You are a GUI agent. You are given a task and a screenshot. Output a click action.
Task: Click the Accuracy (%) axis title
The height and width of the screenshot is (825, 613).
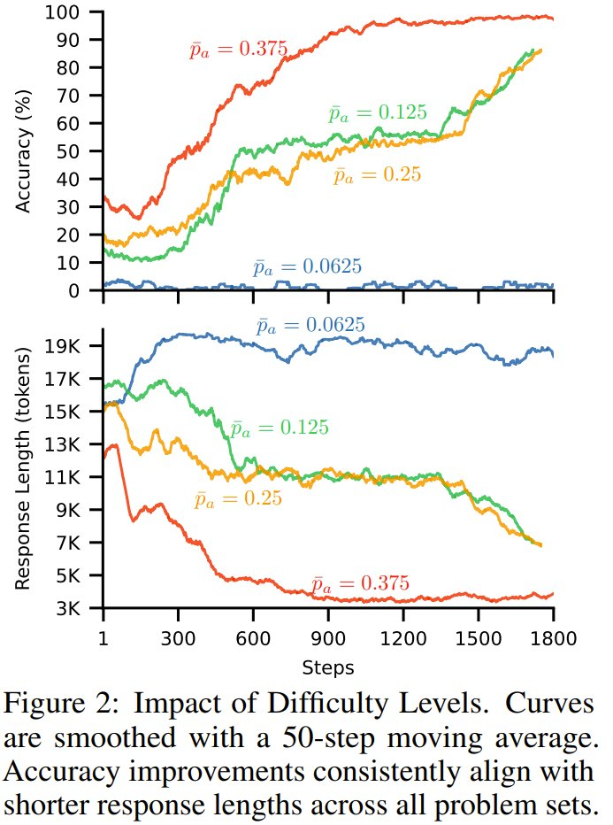coord(24,150)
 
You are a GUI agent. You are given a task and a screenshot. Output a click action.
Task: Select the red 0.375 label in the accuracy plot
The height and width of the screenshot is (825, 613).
coord(238,50)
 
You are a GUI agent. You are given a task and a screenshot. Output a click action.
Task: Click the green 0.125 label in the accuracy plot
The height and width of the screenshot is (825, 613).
coord(378,113)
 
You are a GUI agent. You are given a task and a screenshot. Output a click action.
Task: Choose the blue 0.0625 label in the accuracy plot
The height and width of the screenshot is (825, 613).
coord(307,267)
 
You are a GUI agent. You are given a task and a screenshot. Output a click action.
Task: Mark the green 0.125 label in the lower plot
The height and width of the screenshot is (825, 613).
coord(280,428)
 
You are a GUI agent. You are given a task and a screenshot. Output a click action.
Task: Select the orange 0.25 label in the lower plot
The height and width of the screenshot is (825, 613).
coord(238,500)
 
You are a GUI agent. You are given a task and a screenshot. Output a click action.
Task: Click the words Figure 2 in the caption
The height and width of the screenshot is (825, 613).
coord(66,705)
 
